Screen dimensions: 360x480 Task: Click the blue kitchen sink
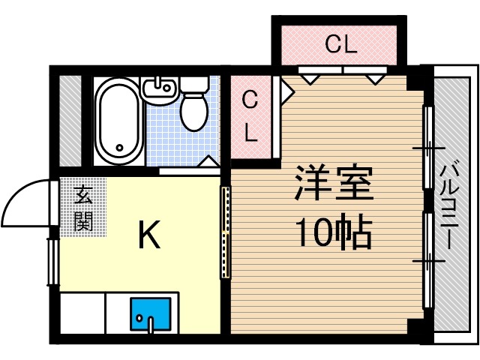pyautogui.click(x=150, y=314)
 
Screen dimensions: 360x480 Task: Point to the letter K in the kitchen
pyautogui.click(x=148, y=237)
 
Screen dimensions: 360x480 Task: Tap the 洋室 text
pyautogui.click(x=333, y=184)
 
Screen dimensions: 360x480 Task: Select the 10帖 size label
pyautogui.click(x=333, y=235)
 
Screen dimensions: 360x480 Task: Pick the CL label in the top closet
pyautogui.click(x=340, y=45)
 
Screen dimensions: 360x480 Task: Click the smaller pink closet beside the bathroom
pyautogui.click(x=251, y=116)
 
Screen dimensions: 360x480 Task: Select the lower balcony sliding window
pyautogui.click(x=428, y=259)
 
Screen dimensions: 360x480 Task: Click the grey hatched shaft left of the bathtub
pyautogui.click(x=70, y=120)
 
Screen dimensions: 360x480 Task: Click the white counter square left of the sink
pyautogui.click(x=82, y=314)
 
